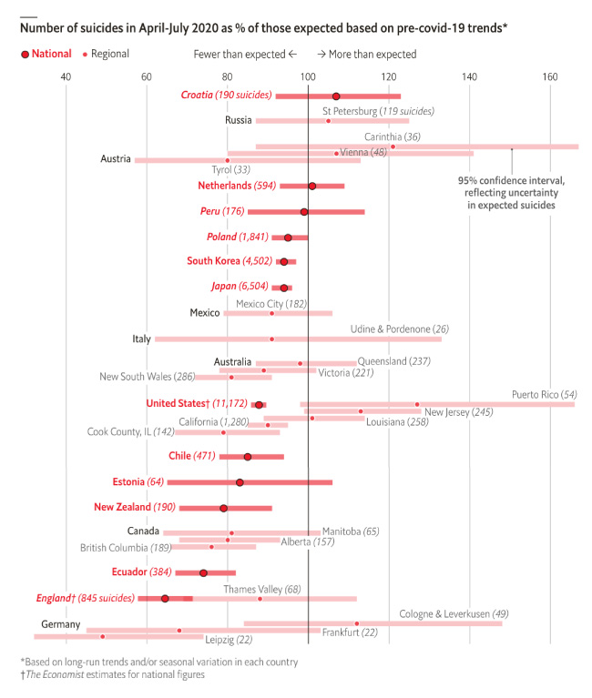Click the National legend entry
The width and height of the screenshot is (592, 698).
tap(46, 55)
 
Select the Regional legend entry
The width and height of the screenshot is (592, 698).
tap(109, 55)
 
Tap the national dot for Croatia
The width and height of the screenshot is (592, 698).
tap(336, 96)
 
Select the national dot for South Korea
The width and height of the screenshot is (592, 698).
tap(284, 261)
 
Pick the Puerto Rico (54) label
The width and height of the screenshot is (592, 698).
tap(545, 394)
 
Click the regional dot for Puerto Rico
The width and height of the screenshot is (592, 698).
tap(417, 404)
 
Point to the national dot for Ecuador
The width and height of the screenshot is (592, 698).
tap(203, 572)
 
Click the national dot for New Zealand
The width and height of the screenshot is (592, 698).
tap(223, 508)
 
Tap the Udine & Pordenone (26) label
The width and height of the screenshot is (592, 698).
tap(400, 329)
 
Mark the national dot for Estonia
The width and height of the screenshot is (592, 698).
tap(240, 482)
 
